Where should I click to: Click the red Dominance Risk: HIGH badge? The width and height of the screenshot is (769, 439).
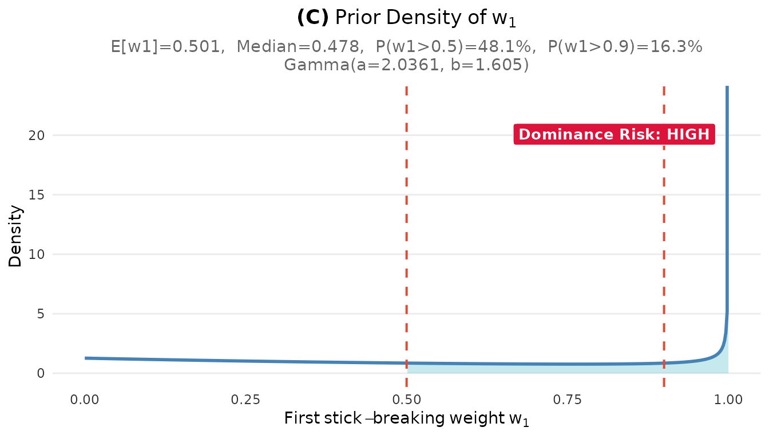[614, 135]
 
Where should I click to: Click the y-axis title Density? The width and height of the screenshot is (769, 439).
[15, 236]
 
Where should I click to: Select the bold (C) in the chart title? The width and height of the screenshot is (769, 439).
[313, 18]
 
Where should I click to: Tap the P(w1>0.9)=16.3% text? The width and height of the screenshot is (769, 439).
[625, 46]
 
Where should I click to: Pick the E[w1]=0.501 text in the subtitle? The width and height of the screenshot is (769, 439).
[167, 46]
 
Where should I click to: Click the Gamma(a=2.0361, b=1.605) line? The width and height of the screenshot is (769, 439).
[406, 65]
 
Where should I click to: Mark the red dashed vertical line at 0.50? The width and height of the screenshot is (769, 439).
[406, 229]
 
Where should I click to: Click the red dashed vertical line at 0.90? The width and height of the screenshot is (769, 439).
[664, 229]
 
